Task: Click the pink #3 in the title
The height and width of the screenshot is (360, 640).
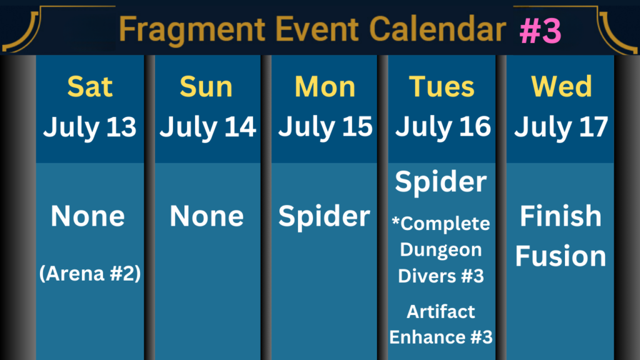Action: click(541, 31)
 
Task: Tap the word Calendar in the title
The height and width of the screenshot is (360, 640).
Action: click(437, 29)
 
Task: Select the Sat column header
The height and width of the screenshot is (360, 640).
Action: click(90, 86)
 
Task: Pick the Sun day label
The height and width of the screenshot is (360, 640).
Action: click(206, 86)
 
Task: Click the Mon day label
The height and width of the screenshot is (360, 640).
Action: click(325, 86)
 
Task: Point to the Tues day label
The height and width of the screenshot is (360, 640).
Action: click(442, 86)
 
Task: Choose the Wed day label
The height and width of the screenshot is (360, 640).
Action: click(562, 86)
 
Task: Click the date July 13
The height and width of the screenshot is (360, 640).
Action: click(90, 127)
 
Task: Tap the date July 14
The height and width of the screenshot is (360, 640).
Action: click(207, 127)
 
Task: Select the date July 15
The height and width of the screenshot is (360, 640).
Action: click(325, 127)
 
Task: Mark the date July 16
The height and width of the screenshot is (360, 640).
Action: click(443, 127)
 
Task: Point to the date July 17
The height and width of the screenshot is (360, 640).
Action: click(561, 127)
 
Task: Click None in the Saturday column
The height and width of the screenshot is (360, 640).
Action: click(87, 216)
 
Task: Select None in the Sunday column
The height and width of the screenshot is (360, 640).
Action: click(206, 216)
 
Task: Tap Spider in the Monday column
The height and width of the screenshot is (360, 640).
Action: click(324, 216)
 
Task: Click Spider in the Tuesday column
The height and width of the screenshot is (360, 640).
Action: click(441, 182)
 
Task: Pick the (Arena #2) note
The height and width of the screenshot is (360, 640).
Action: click(90, 273)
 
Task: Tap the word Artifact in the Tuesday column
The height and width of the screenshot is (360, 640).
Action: click(441, 311)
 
